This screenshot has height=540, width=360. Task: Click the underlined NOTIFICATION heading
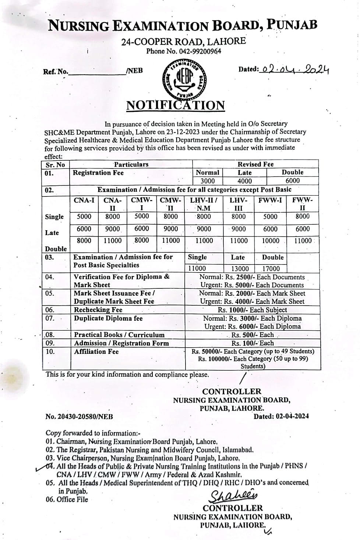tap(176, 106)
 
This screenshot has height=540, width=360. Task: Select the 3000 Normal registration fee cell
tap(207, 181)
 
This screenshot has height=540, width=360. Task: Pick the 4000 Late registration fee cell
tap(245, 181)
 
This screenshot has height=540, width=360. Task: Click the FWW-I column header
tap(270, 200)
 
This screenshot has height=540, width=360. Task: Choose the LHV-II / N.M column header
tap(204, 204)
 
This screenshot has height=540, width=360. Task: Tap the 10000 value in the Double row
tap(270, 241)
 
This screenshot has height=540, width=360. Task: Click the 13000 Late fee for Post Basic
tap(240, 269)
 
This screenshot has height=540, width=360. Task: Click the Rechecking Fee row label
tap(98, 310)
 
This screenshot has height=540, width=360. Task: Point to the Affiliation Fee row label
tap(96, 352)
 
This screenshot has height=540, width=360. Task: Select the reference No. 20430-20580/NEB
tap(79, 417)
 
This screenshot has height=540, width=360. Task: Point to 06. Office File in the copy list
tap(67, 500)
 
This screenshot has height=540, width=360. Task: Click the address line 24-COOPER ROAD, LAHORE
tap(183, 42)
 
